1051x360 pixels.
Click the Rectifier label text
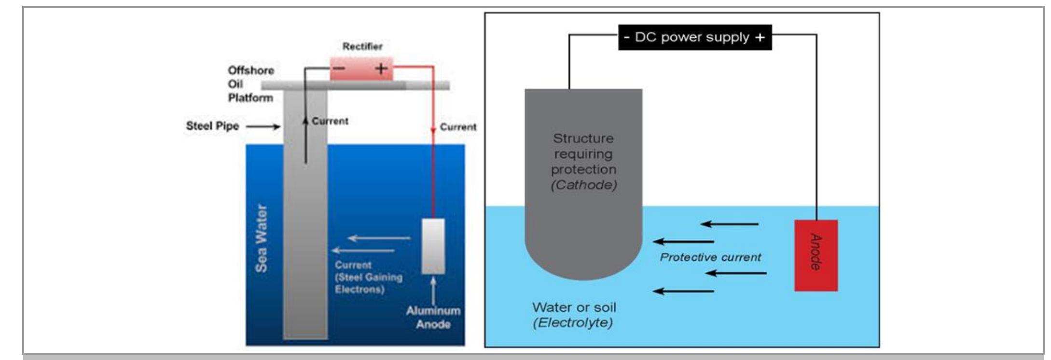point(362,46)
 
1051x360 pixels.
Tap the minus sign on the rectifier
point(339,68)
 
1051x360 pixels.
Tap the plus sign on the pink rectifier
point(381,69)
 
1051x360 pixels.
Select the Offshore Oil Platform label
point(251,84)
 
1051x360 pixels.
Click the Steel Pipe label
point(212,126)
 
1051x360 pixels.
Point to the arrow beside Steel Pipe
point(263,126)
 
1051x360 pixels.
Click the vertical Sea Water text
point(261,238)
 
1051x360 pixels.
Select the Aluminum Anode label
point(433,317)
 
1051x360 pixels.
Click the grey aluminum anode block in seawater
point(433,246)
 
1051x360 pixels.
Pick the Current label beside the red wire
point(458,127)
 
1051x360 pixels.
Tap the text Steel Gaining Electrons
point(369,283)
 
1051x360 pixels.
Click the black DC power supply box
point(695,38)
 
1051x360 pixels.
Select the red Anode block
point(816,255)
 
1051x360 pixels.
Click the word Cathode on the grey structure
point(583,185)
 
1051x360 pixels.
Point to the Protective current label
point(710,257)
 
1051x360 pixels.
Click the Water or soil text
point(574,307)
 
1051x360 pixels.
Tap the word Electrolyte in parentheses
point(572,323)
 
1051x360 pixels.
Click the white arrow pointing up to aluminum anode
point(433,290)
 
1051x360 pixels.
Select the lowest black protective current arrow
point(683,291)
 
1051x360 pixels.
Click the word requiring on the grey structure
point(583,154)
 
